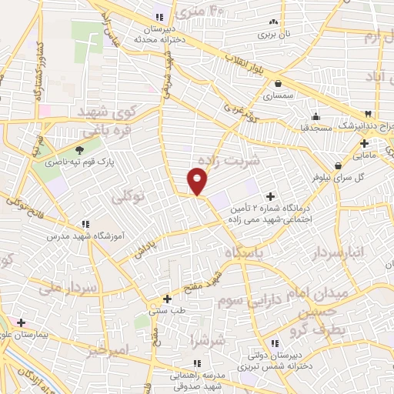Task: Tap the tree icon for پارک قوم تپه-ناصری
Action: [80, 151]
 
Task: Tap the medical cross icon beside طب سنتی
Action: [167, 299]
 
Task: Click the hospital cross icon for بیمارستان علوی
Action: [21, 322]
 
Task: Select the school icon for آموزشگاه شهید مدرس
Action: [85, 224]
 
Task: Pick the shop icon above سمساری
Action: [278, 84]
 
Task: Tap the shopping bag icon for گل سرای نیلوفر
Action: [338, 164]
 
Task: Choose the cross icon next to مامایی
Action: [364, 142]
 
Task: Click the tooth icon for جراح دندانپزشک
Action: [369, 112]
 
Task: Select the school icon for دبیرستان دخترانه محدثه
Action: [160, 17]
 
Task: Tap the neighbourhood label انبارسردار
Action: [342, 252]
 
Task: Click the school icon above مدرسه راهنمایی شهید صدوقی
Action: [197, 362]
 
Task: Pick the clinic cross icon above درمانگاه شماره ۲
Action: [270, 195]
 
